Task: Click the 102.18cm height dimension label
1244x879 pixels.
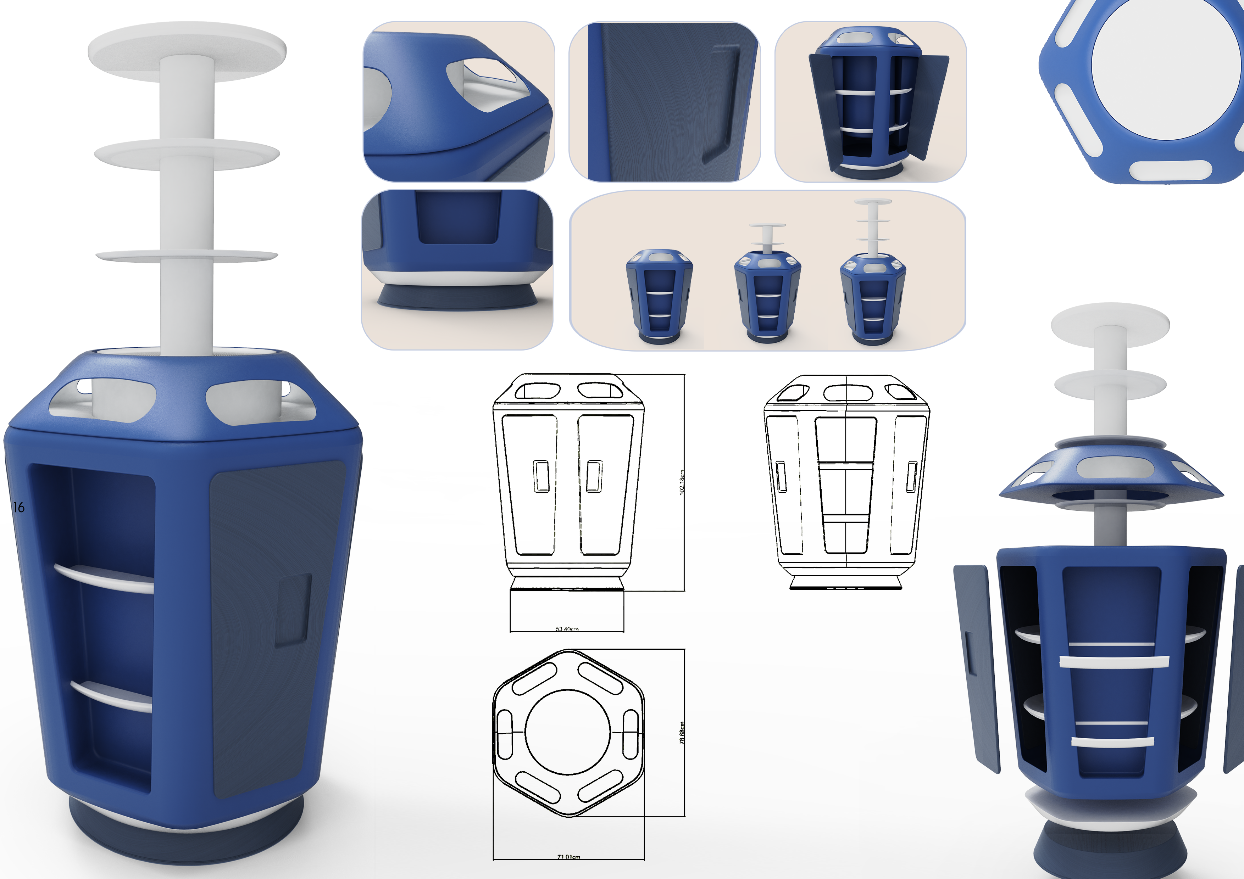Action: click(682, 481)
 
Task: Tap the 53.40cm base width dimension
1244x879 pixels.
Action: click(567, 629)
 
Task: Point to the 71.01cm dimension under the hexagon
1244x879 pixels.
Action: click(568, 857)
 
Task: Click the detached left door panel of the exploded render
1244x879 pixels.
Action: click(976, 666)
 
